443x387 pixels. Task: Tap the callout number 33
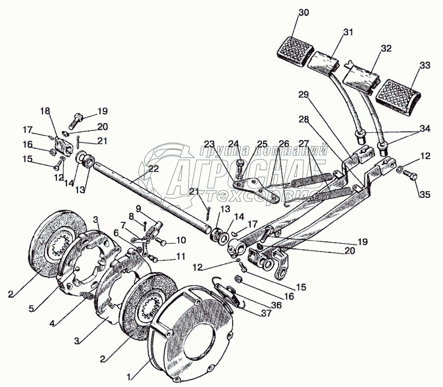[425, 65]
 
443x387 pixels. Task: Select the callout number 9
[138, 209]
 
